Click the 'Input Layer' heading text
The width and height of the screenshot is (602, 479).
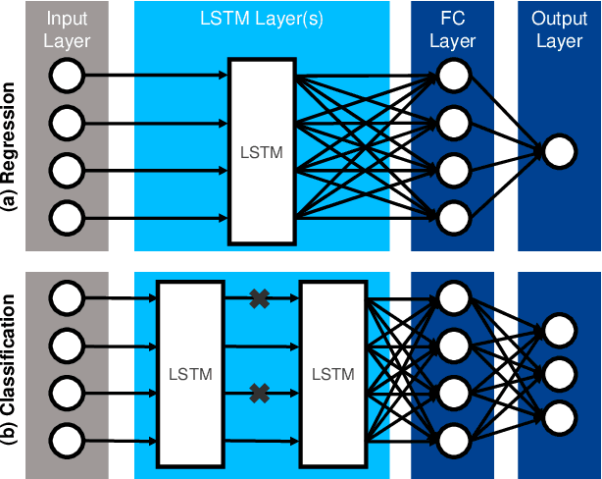pyautogui.click(x=67, y=29)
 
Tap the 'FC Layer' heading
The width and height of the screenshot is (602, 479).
pyautogui.click(x=453, y=29)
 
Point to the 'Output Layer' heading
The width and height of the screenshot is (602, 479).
pyautogui.click(x=559, y=29)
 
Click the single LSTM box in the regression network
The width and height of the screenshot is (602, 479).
pyautogui.click(x=261, y=151)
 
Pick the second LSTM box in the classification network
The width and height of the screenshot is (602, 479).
pyautogui.click(x=332, y=373)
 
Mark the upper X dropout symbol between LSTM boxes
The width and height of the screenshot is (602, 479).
pyautogui.click(x=259, y=298)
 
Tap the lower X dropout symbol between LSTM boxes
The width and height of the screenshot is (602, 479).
pyautogui.click(x=259, y=393)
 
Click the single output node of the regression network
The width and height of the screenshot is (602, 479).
pyautogui.click(x=559, y=151)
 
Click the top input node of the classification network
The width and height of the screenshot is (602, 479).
pyautogui.click(x=66, y=295)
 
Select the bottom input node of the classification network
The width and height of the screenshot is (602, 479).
pyautogui.click(x=66, y=439)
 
